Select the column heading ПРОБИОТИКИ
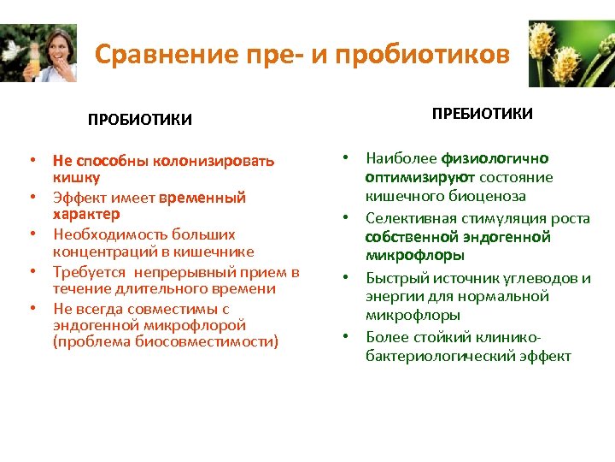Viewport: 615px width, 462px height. [x=140, y=120]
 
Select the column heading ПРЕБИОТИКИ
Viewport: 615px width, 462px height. [x=482, y=114]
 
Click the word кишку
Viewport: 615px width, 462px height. [x=76, y=177]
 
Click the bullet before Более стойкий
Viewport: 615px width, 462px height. [x=347, y=336]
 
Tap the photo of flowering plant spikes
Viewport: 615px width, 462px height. [x=571, y=54]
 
